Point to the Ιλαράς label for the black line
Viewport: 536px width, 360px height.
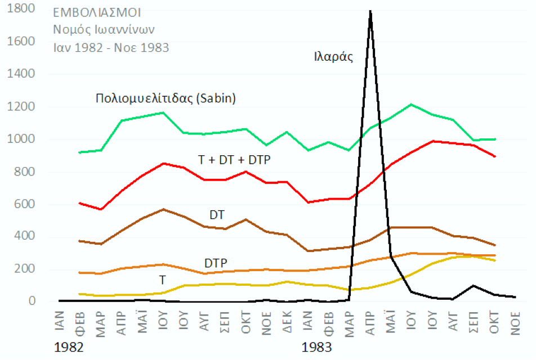(x=333, y=56)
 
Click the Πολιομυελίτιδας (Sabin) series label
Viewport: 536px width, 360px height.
(x=166, y=98)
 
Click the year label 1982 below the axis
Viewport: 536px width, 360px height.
(x=69, y=346)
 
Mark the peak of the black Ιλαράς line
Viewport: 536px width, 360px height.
(x=370, y=10)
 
